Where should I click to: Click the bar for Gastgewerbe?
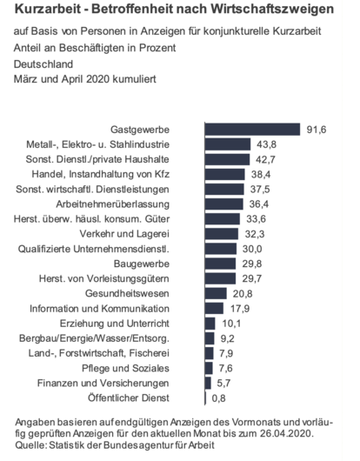[252, 129]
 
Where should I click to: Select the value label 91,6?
[316, 129]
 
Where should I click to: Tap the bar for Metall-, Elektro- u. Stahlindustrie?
[228, 144]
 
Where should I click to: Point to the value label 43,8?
[266, 144]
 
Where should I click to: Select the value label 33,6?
[255, 218]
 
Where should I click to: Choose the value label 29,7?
[250, 277]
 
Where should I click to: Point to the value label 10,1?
[230, 323]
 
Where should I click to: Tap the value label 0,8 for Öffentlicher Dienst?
[221, 397]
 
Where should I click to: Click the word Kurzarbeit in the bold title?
[50, 10]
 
